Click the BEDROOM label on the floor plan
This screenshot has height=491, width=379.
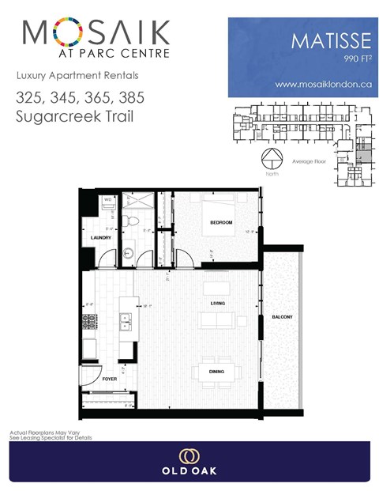coord(221,223)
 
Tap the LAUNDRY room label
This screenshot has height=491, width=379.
coord(100,237)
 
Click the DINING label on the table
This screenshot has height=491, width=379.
coord(216,372)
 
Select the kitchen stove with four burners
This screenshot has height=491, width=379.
coord(88,322)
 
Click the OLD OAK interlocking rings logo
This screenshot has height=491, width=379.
coord(189,456)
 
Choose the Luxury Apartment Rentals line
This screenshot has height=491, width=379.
coord(77,76)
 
